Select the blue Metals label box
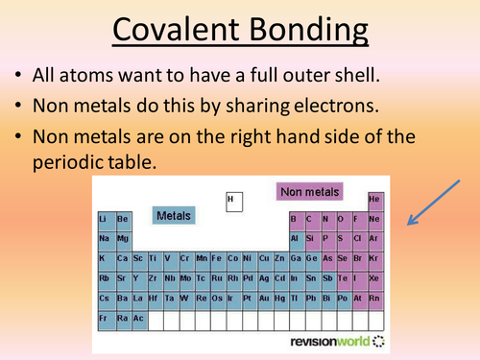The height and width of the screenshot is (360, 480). [174, 216]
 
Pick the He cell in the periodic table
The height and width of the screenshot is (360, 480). [374, 200]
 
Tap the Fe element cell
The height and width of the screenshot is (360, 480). [219, 259]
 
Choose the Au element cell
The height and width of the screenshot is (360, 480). [262, 298]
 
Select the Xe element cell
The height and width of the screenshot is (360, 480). [374, 278]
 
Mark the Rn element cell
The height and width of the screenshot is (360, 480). [374, 298]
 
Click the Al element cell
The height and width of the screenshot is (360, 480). [297, 239]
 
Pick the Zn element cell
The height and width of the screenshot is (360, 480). [279, 259]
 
